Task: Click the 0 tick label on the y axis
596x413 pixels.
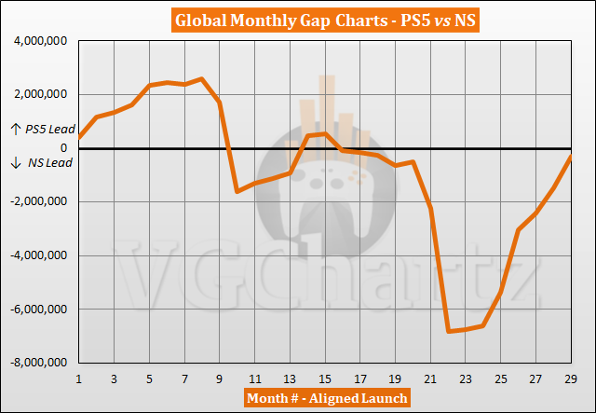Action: click(x=65, y=148)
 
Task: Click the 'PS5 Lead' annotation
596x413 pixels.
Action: click(x=36, y=129)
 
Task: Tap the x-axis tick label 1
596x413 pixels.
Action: click(x=79, y=379)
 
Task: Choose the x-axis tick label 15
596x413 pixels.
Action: click(x=325, y=379)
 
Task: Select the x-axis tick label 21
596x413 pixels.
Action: click(x=430, y=379)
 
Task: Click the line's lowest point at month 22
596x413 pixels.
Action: click(x=448, y=331)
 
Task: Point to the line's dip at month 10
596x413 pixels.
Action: click(x=237, y=191)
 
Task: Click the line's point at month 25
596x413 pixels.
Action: click(x=501, y=291)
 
